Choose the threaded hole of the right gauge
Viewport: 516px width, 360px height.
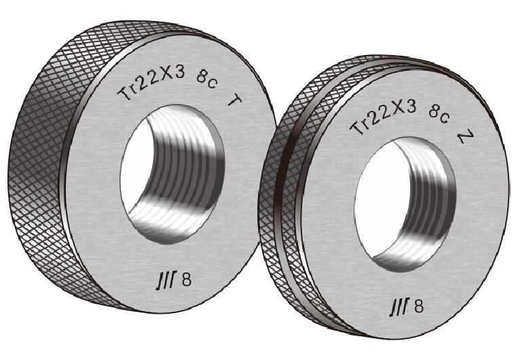point(405,204)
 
